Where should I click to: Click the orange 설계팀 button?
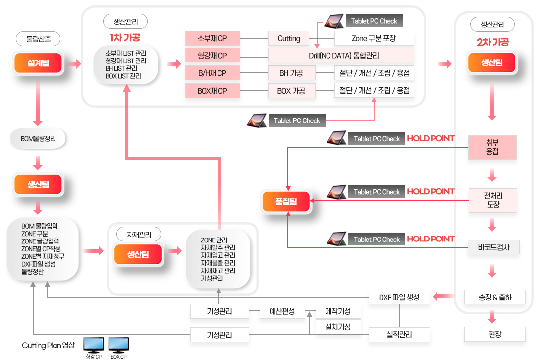tap(38, 63)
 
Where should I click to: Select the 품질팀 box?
tap(286, 202)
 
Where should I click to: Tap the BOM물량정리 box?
tap(38, 139)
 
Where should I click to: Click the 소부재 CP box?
tap(213, 38)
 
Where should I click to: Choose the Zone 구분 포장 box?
tap(374, 38)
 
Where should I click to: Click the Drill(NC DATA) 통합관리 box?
tap(340, 55)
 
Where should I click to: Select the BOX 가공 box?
tap(291, 91)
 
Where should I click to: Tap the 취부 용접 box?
tap(492, 147)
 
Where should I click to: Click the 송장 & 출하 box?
tap(494, 297)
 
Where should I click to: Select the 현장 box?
tap(494, 334)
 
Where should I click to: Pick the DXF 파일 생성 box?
tap(399, 297)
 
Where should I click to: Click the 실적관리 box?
tap(399, 335)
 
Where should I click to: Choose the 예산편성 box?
tap(282, 311)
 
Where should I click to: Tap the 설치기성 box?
tap(338, 327)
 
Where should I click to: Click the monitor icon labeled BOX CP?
tap(118, 345)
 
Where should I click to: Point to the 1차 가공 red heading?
tap(125, 38)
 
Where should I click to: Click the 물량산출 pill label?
tap(38, 38)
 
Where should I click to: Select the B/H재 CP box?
tap(213, 73)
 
